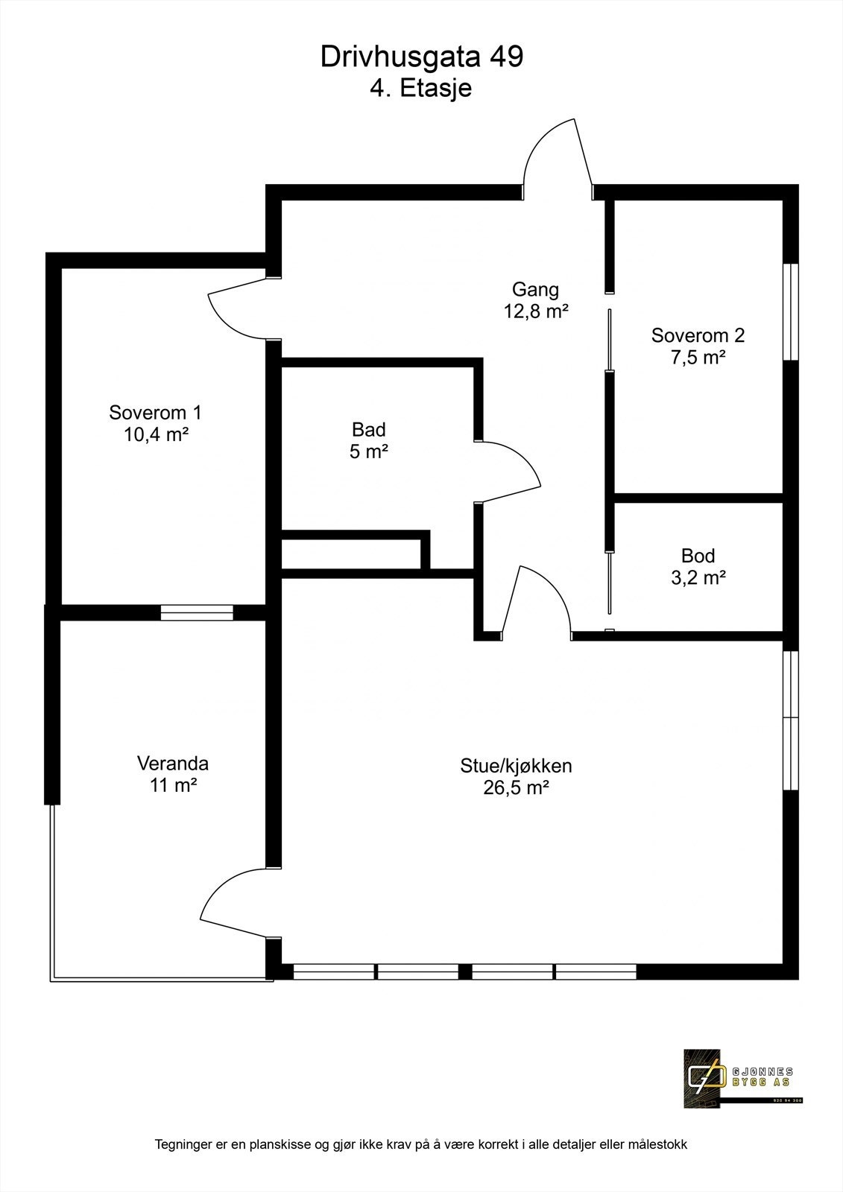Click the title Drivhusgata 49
pyautogui.click(x=421, y=57)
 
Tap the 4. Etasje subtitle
pyautogui.click(x=421, y=89)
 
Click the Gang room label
pyautogui.click(x=535, y=290)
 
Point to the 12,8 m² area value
pyautogui.click(x=536, y=311)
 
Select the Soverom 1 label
pyautogui.click(x=155, y=412)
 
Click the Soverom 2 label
pyautogui.click(x=698, y=335)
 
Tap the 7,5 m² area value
pyautogui.click(x=698, y=358)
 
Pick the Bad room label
pyautogui.click(x=369, y=430)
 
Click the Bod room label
pyautogui.click(x=698, y=556)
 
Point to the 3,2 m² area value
pyautogui.click(x=698, y=577)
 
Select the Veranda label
pyautogui.click(x=173, y=764)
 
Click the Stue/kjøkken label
pyautogui.click(x=516, y=766)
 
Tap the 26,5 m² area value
pyautogui.click(x=516, y=787)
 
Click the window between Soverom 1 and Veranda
pyautogui.click(x=198, y=612)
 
